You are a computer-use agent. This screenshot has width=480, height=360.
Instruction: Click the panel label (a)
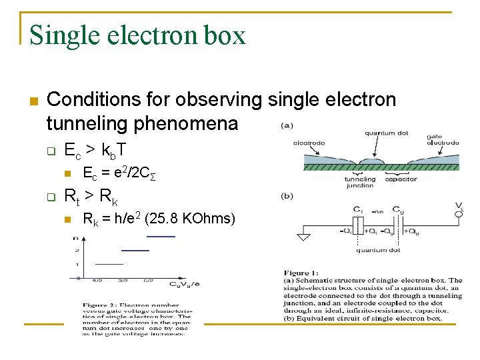287,125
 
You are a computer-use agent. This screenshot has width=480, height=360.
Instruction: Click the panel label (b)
287,196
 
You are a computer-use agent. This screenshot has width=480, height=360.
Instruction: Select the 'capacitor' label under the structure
401,179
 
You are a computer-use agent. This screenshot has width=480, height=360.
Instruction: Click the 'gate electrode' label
443,139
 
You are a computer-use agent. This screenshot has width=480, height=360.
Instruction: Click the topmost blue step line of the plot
161,237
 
